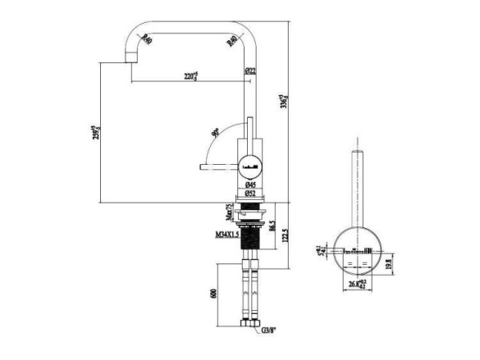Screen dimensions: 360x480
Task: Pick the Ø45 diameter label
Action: click(250, 185)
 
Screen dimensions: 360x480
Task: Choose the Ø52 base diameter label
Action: click(250, 195)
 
